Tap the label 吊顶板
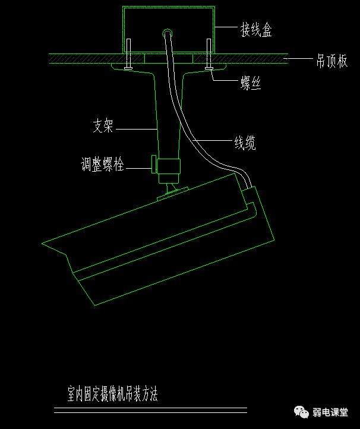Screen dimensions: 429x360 pyautogui.click(x=331, y=61)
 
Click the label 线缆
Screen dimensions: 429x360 pyautogui.click(x=244, y=143)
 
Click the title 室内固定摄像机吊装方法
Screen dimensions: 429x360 pyautogui.click(x=113, y=393)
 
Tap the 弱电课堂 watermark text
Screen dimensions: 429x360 pyautogui.click(x=336, y=412)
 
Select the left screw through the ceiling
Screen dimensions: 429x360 pyautogui.click(x=128, y=55)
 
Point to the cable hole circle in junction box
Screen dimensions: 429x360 pyautogui.click(x=168, y=33)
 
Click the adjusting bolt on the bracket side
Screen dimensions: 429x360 pyautogui.click(x=154, y=165)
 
